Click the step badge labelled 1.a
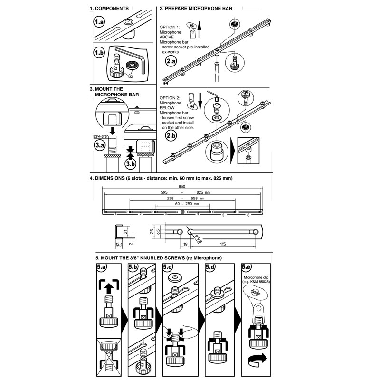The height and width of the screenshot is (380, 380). (99, 22)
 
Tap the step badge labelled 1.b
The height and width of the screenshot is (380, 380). (99, 53)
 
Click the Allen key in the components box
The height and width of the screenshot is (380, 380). (135, 57)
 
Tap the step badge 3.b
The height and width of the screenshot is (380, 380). (130, 164)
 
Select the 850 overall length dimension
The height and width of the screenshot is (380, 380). (181, 186)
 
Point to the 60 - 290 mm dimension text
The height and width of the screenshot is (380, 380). (183, 203)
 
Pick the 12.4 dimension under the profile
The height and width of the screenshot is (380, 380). (118, 244)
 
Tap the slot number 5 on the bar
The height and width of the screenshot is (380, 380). (222, 215)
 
